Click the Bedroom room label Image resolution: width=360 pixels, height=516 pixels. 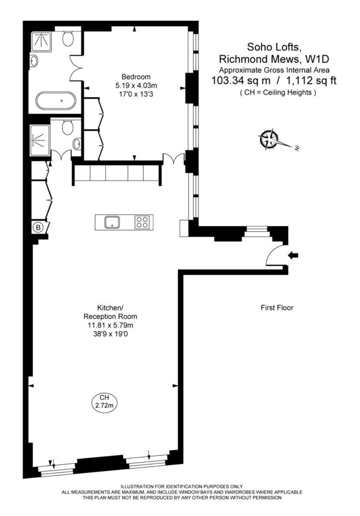click(x=136, y=77)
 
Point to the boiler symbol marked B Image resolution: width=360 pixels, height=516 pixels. click(x=39, y=227)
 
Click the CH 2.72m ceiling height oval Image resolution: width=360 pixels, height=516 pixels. click(x=104, y=402)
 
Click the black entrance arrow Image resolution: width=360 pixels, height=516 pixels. click(x=293, y=255)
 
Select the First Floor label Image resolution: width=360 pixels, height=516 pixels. click(x=277, y=308)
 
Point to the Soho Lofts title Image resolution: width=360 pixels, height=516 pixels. click(x=274, y=47)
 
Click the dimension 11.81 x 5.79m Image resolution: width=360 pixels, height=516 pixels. click(x=110, y=325)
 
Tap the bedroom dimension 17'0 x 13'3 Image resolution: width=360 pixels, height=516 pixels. click(x=136, y=94)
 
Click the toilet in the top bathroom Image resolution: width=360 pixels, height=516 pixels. click(x=68, y=39)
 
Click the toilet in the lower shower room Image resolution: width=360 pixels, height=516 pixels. click(x=68, y=127)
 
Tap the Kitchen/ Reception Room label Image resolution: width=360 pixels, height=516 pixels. click(x=110, y=312)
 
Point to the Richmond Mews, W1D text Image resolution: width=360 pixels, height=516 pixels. click(x=274, y=59)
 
